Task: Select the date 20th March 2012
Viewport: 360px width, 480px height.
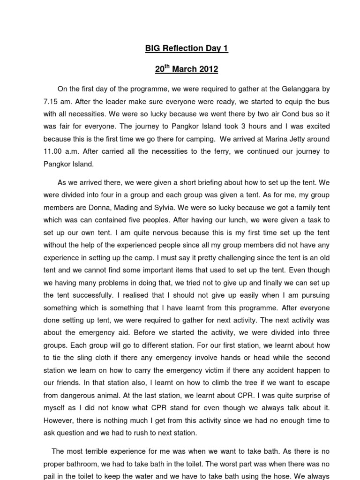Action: [187, 69]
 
